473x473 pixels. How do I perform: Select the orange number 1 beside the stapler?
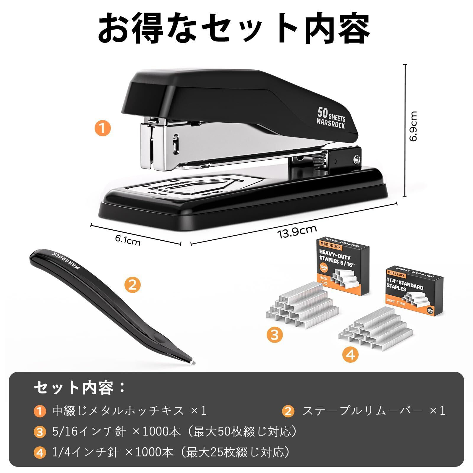click(x=102, y=129)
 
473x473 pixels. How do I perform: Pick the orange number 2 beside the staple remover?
click(x=132, y=285)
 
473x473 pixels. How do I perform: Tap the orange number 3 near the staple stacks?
click(x=275, y=335)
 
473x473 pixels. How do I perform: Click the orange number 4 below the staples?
click(x=350, y=354)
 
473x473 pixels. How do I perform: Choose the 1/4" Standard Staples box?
click(x=414, y=291)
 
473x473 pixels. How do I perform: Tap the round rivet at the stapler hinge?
click(x=357, y=160)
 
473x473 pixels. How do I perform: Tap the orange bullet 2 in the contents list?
click(x=288, y=412)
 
